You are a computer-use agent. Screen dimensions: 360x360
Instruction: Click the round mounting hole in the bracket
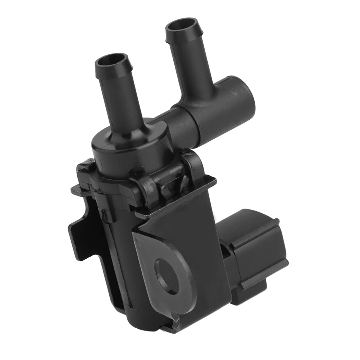[x=168, y=272]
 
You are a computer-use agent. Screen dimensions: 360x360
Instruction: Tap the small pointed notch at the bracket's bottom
[x=175, y=316]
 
